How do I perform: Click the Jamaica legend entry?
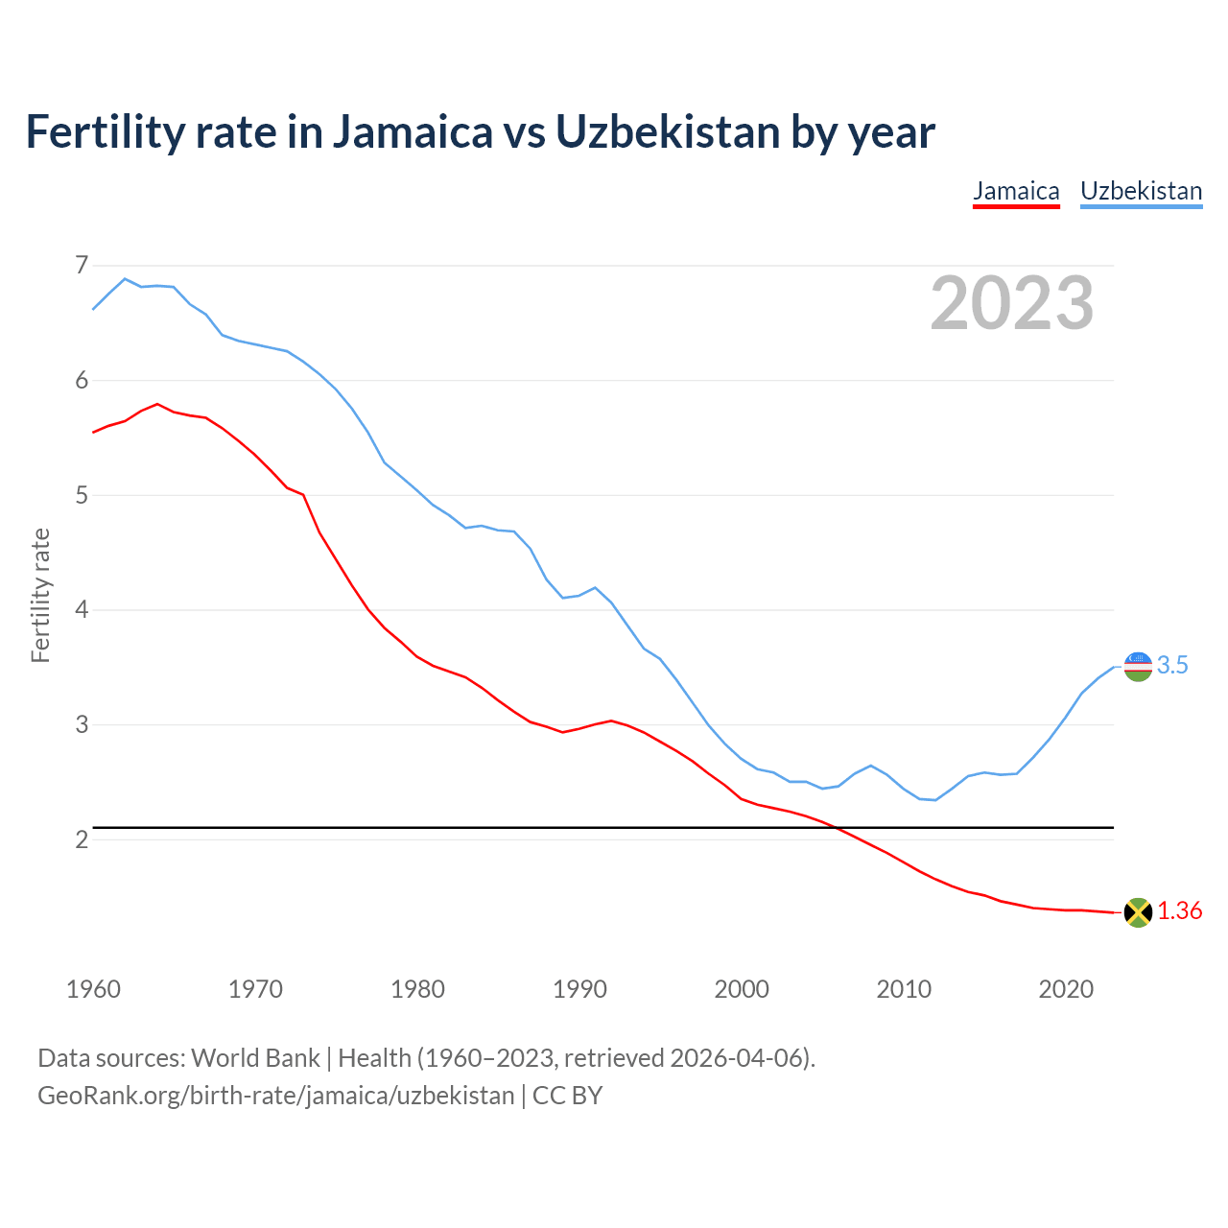tap(1016, 191)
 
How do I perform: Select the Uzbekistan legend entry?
tap(1141, 191)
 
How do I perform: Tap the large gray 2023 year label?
tap(1012, 303)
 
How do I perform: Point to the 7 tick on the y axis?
tap(82, 265)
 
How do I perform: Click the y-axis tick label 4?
tap(82, 610)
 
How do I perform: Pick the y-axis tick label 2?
tap(82, 840)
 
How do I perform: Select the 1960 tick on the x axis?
tap(93, 989)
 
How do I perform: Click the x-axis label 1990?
tap(579, 989)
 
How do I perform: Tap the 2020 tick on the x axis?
tap(1066, 989)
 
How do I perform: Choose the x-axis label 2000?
tap(742, 989)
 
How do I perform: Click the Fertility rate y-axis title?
tap(40, 595)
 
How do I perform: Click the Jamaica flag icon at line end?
tap(1138, 912)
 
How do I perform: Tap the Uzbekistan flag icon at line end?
tap(1138, 666)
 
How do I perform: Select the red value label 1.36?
tap(1179, 911)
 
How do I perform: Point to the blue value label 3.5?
tap(1172, 666)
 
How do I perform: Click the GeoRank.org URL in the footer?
tap(276, 1096)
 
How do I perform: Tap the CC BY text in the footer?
tap(567, 1096)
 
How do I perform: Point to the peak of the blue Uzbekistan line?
tap(125, 279)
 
